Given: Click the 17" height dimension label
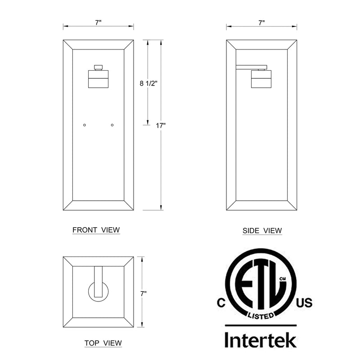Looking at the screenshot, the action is click(x=161, y=126).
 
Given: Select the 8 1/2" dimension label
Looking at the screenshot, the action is click(x=148, y=83).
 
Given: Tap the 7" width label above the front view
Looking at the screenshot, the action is click(x=98, y=22).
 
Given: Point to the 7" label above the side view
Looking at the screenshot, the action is click(x=261, y=23).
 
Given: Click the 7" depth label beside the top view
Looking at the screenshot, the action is click(x=143, y=293).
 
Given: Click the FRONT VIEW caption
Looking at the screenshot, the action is click(x=96, y=230).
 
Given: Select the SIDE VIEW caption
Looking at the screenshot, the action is click(x=262, y=230).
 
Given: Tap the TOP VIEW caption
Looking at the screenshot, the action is click(x=103, y=343).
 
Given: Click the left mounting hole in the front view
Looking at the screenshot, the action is click(x=85, y=125).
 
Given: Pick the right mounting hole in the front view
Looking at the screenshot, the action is click(x=112, y=125).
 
